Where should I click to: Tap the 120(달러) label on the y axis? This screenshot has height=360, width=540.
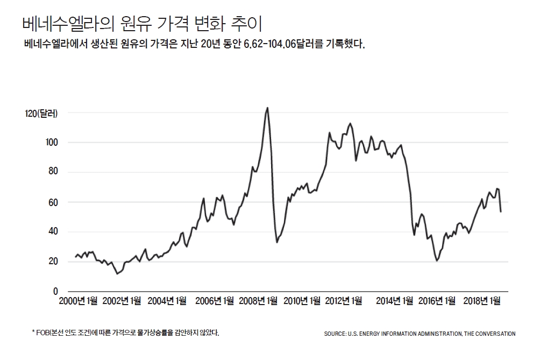click(x=41, y=113)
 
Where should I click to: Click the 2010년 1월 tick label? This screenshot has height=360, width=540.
click(x=302, y=301)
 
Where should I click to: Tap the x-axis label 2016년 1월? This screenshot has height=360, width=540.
click(x=437, y=301)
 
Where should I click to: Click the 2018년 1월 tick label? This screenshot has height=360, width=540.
click(x=482, y=301)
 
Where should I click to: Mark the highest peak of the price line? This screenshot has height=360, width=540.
click(x=267, y=108)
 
